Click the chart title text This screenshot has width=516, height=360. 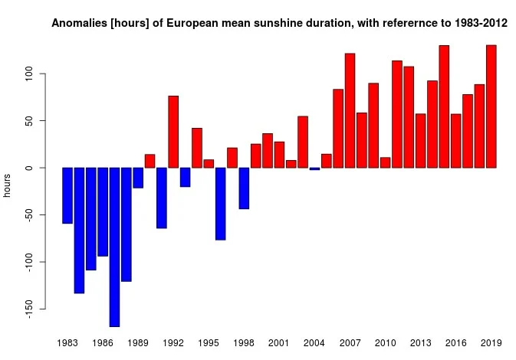click(279, 24)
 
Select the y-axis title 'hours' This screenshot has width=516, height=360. click(7, 185)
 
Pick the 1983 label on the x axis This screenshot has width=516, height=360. click(67, 344)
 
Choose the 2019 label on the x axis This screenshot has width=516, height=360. click(491, 344)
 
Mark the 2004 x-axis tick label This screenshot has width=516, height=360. click(314, 344)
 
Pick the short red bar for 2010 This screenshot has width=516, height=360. click(385, 162)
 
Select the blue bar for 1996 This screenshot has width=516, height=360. click(220, 204)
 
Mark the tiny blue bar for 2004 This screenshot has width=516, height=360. click(314, 169)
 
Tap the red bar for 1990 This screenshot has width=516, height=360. click(150, 161)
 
